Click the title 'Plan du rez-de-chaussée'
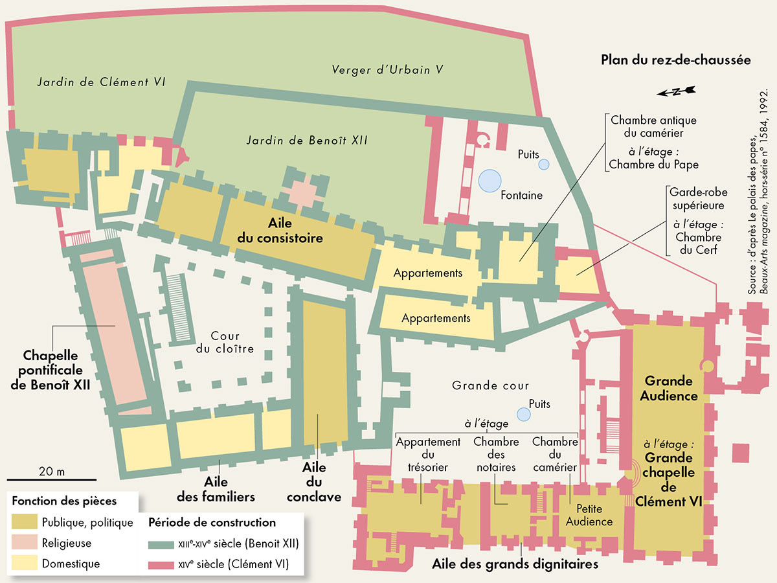click(x=675, y=60)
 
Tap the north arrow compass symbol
click(x=675, y=91)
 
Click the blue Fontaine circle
click(x=490, y=179)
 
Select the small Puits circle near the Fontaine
click(x=544, y=165)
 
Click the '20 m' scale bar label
click(x=52, y=471)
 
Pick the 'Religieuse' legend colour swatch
click(x=25, y=543)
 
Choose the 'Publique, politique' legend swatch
click(x=25, y=522)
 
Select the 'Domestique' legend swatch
click(x=25, y=564)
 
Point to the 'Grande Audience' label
click(x=669, y=388)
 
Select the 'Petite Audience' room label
click(x=589, y=516)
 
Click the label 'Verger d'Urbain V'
click(x=387, y=69)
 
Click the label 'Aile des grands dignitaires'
click(x=515, y=564)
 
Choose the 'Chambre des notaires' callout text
click(x=496, y=455)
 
